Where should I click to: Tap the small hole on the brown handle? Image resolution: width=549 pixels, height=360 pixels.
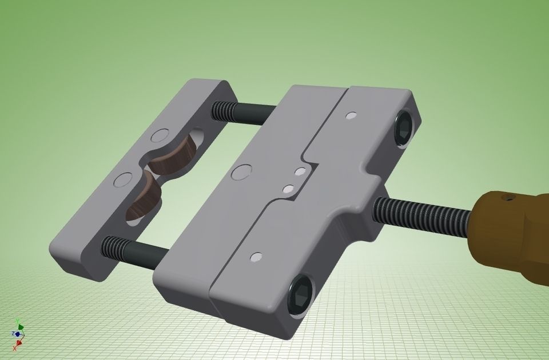point(508,198)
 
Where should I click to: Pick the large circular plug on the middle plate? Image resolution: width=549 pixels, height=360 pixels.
point(242,171)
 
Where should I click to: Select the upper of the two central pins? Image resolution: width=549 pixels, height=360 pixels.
point(299,171)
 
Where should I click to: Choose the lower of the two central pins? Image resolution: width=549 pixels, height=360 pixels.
point(288,188)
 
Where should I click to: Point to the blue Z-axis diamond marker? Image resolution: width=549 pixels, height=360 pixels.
point(18,334)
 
